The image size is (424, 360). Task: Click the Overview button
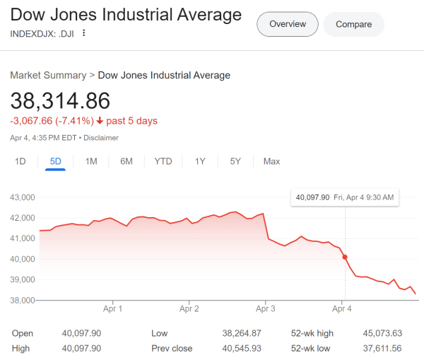tap(288, 24)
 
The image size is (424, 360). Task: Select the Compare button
tap(353, 24)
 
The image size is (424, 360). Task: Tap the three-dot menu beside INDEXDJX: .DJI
tap(84, 33)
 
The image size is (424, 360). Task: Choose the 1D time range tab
tap(20, 161)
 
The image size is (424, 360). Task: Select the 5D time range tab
tap(55, 161)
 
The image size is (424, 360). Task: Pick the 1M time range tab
tap(91, 161)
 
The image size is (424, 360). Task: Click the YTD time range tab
tap(163, 161)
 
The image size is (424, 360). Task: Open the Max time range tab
tap(271, 161)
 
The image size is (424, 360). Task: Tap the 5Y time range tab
tap(235, 161)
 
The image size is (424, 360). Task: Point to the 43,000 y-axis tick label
tap(22, 197)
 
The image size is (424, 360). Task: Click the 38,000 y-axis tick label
tap(22, 301)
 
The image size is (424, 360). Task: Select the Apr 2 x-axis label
tap(189, 308)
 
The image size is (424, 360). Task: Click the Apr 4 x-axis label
tap(341, 308)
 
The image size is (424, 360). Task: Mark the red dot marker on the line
tap(345, 257)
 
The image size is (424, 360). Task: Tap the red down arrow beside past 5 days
tap(100, 121)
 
